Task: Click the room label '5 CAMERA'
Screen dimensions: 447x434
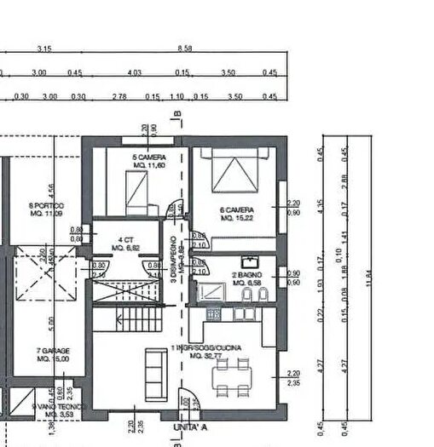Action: (x=148, y=158)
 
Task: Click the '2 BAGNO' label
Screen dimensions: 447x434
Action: (x=247, y=276)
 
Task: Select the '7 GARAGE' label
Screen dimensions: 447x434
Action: (x=53, y=351)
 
